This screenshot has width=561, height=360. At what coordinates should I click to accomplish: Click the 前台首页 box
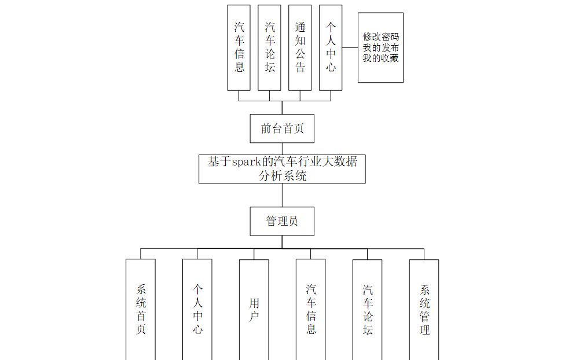[282, 128]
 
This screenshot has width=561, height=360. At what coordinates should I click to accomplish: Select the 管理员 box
[282, 221]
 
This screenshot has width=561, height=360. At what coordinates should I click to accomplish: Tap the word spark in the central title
[245, 162]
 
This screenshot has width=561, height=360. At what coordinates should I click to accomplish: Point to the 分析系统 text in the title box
[282, 175]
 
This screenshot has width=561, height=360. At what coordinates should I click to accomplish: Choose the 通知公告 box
[300, 47]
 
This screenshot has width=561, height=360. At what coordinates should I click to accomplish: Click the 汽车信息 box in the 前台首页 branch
[239, 47]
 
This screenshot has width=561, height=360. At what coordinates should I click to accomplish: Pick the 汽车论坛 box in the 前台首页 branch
[269, 47]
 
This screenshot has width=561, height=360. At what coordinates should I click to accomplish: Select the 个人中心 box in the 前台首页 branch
[331, 47]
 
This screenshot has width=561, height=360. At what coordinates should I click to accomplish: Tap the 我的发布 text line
[380, 47]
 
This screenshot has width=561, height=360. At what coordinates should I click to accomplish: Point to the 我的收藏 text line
[380, 58]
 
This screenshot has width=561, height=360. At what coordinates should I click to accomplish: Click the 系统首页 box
[141, 309]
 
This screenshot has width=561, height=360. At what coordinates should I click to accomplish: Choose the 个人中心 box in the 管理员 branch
[197, 309]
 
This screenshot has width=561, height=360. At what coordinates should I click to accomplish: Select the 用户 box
[254, 309]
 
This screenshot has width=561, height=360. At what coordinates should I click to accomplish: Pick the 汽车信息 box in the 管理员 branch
[311, 309]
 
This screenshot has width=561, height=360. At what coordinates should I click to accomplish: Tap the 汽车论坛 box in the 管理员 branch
[368, 309]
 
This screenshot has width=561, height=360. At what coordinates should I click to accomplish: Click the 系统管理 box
[424, 309]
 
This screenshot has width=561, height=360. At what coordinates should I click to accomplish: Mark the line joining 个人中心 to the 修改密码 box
[350, 47]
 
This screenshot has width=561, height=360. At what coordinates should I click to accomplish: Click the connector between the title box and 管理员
[282, 195]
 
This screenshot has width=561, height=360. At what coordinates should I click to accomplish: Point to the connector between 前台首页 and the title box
[282, 149]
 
